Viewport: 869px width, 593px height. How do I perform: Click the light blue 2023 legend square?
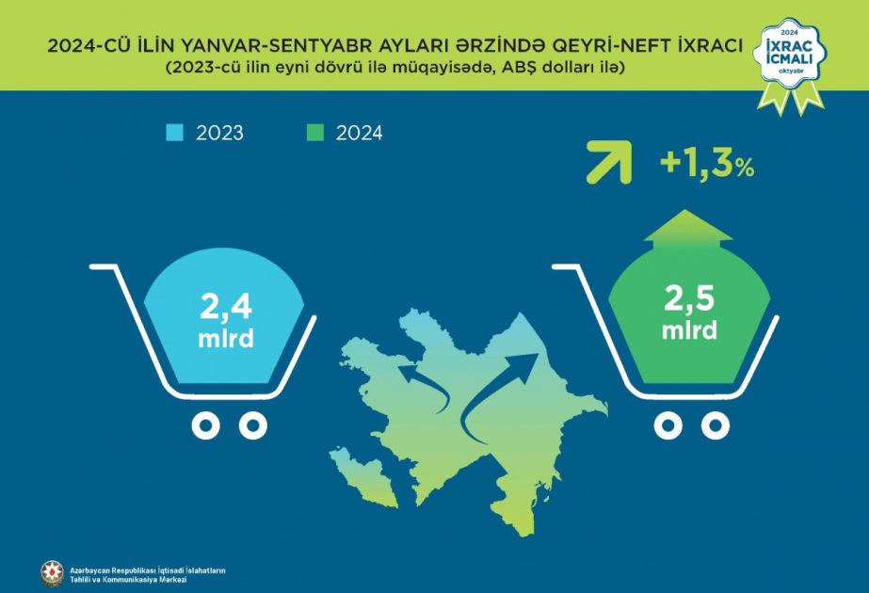[x=174, y=133]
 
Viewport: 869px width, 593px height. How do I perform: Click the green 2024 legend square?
[x=314, y=133]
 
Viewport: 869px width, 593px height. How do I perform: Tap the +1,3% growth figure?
[x=707, y=164]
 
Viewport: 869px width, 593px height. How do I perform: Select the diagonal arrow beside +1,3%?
[x=609, y=163]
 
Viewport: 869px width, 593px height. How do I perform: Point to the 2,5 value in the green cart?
[x=689, y=298]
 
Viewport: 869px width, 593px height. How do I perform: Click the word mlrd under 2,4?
[x=226, y=338]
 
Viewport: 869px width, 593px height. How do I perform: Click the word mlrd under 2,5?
[x=689, y=329]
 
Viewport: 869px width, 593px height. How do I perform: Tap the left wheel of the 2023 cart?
[x=205, y=425]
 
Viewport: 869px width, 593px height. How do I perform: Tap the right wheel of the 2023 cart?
[x=252, y=425]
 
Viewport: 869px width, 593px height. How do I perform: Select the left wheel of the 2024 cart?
[x=668, y=425]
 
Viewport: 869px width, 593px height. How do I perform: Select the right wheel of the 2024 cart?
[x=715, y=425]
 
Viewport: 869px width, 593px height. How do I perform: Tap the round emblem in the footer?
[x=52, y=574]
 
